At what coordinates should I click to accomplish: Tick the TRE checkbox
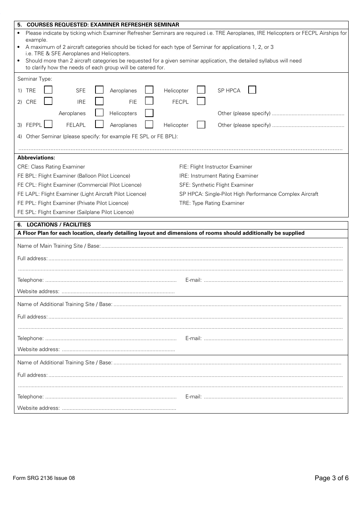pos(48,90)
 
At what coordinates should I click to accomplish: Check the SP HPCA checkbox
pos(252,90)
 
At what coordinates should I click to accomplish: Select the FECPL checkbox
pos(201,101)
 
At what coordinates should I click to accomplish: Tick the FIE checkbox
pos(149,101)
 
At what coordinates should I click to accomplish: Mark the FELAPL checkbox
pos(99,124)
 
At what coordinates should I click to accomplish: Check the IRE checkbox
pos(99,101)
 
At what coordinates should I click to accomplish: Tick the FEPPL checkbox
pos(48,124)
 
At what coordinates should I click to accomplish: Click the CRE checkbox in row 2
pos(48,101)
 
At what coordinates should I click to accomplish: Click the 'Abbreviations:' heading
pos(36,158)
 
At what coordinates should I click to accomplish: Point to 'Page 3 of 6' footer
pos(331,478)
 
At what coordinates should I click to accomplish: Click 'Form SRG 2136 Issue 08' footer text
pos(44,478)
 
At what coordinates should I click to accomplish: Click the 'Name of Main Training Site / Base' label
pos(59,246)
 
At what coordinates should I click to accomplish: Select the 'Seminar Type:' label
pos(35,79)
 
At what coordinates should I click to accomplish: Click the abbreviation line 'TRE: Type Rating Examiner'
pos(212,203)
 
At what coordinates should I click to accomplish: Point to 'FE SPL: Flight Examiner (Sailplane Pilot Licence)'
pos(75,212)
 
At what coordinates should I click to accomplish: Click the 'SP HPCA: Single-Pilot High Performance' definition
pos(249,194)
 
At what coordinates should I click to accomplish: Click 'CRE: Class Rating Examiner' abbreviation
pos(51,167)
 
